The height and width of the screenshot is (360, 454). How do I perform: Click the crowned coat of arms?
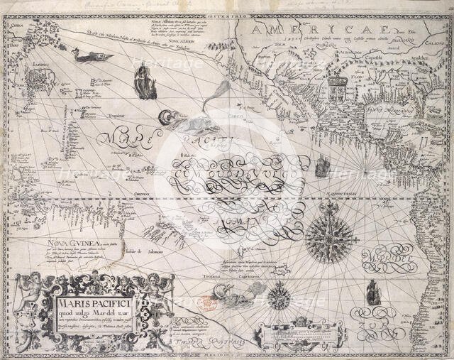338,90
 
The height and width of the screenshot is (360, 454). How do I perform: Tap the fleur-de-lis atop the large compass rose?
330,208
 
